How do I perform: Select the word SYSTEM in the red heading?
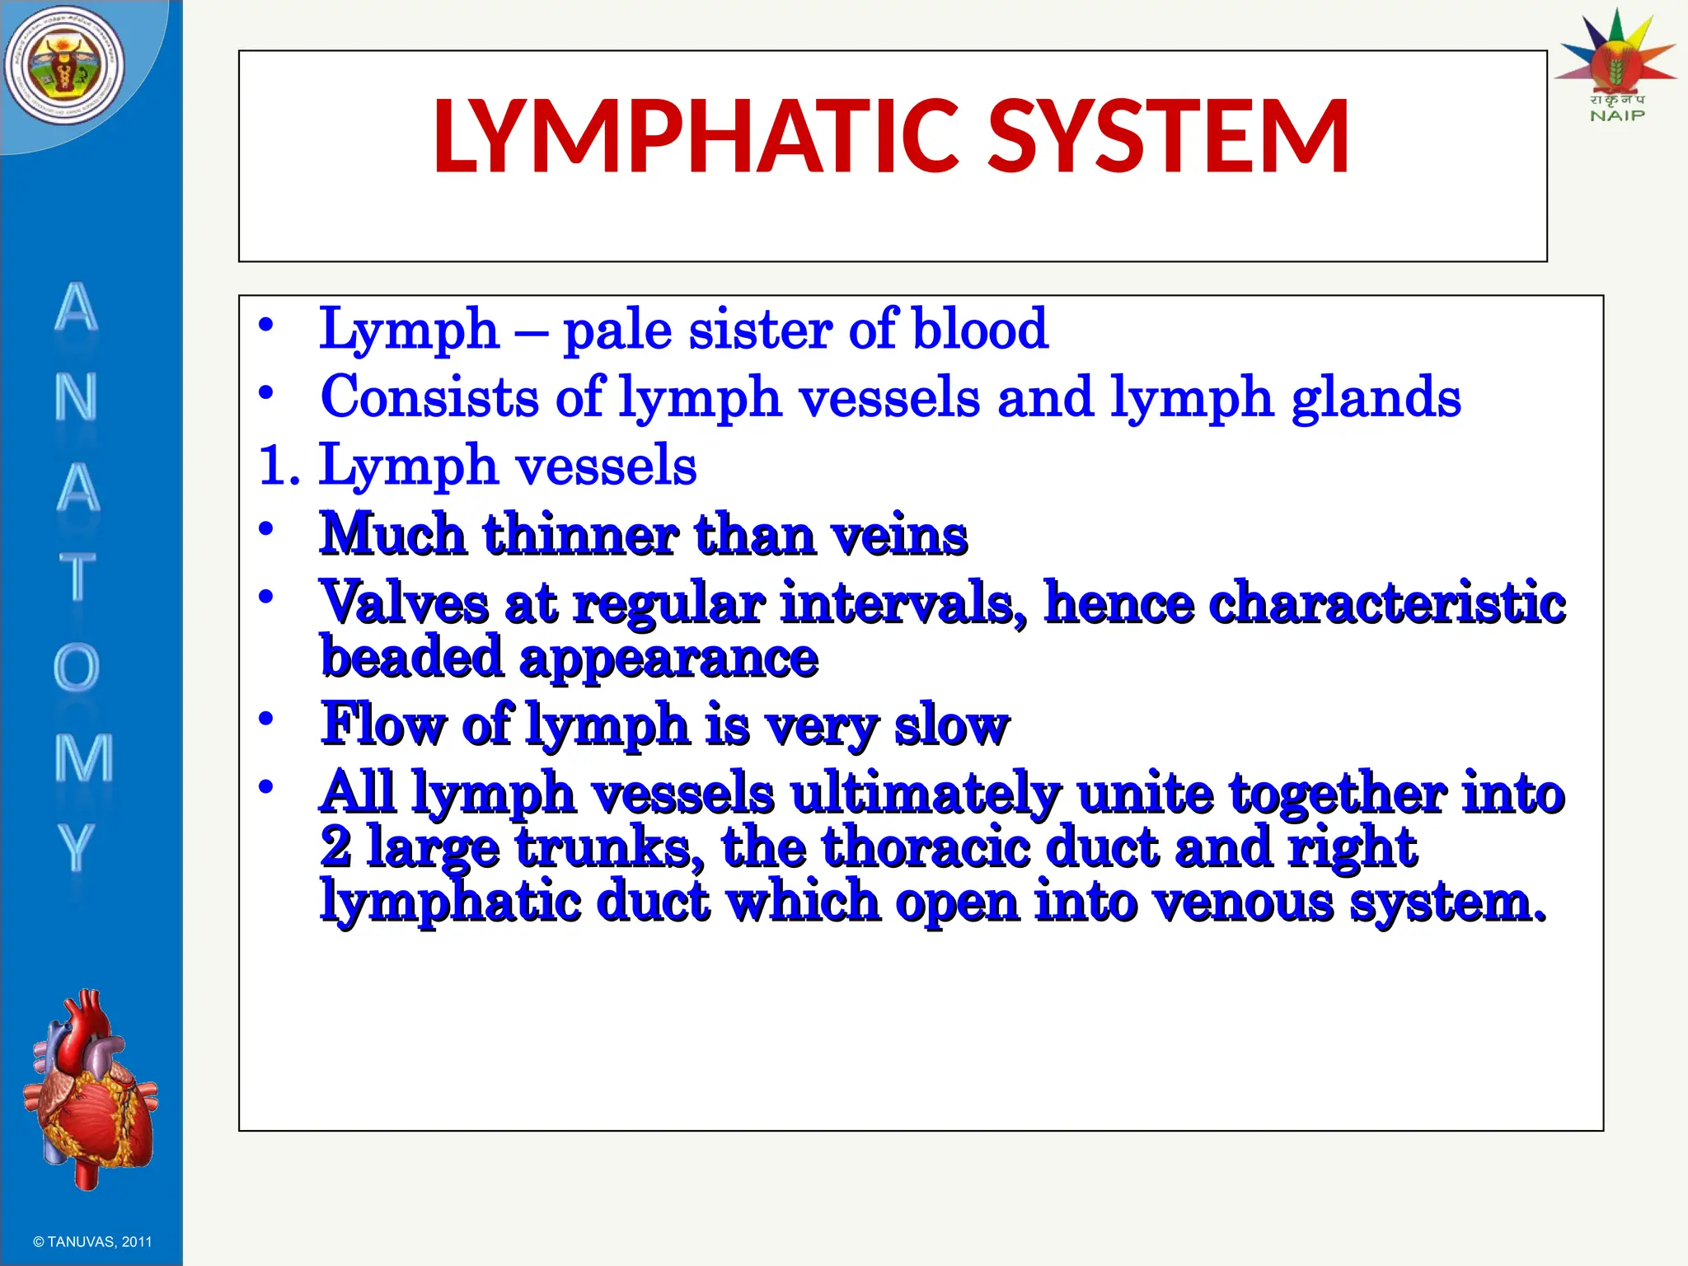click(x=1168, y=137)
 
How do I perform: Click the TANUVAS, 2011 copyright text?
click(x=92, y=1241)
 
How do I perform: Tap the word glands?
click(x=1376, y=398)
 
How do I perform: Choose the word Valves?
click(x=404, y=603)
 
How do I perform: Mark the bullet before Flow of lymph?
click(x=265, y=720)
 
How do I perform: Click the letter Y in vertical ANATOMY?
click(x=76, y=846)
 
